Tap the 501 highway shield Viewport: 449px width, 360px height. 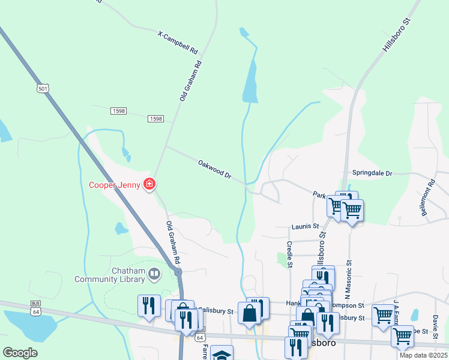[42, 88]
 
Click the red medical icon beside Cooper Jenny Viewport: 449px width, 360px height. [149, 184]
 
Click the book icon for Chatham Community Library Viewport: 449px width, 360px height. [155, 274]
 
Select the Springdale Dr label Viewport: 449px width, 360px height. [372, 173]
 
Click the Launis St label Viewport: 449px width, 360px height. [305, 226]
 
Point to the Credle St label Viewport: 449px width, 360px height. [289, 254]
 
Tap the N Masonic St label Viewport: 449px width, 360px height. [347, 280]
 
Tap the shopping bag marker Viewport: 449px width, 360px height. [249, 313]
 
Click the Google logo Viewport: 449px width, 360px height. [20, 352]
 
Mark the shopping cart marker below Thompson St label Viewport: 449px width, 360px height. [382, 314]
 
